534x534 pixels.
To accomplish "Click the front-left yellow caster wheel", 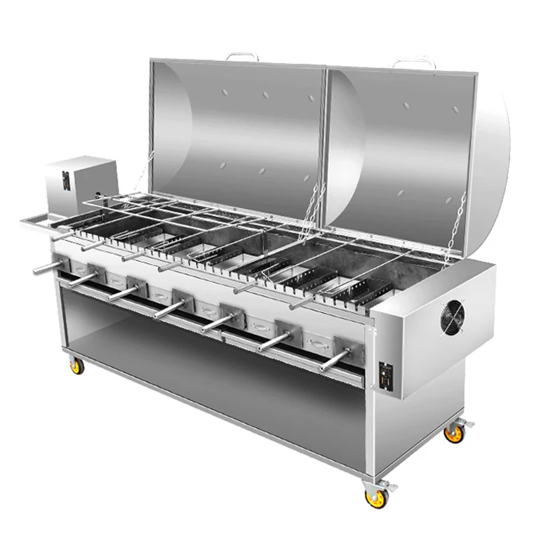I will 76,366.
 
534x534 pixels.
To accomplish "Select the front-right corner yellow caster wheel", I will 377,497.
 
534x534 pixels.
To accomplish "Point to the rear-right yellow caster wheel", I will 454,433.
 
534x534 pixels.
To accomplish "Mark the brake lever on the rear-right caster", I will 465,424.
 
